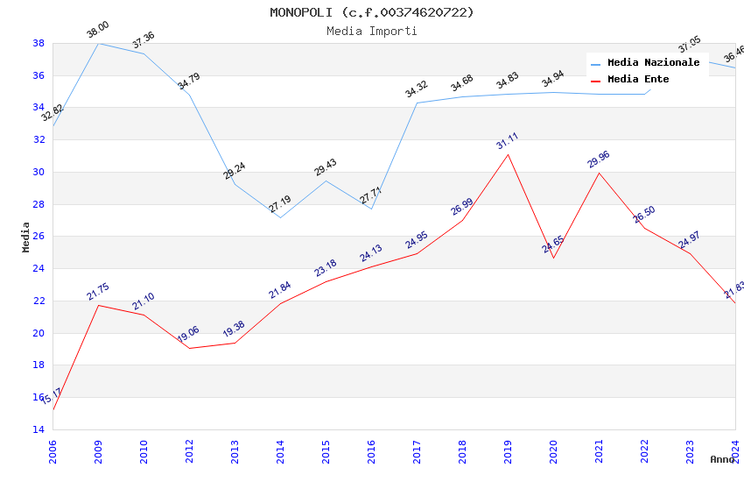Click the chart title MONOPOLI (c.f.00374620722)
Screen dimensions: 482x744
pos(372,12)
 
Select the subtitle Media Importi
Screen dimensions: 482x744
pos(372,31)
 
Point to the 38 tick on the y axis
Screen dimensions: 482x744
pos(39,43)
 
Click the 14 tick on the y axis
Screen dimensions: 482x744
pos(39,429)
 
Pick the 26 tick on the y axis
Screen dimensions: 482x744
pos(39,237)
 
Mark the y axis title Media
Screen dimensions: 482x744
pos(26,237)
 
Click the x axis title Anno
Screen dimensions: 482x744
pos(722,459)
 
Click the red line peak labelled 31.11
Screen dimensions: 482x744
pos(508,155)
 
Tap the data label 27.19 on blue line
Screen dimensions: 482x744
pos(280,205)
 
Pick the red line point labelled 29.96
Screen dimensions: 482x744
pos(599,173)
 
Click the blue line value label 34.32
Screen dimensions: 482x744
pos(417,89)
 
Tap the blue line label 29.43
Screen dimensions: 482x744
pos(326,168)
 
